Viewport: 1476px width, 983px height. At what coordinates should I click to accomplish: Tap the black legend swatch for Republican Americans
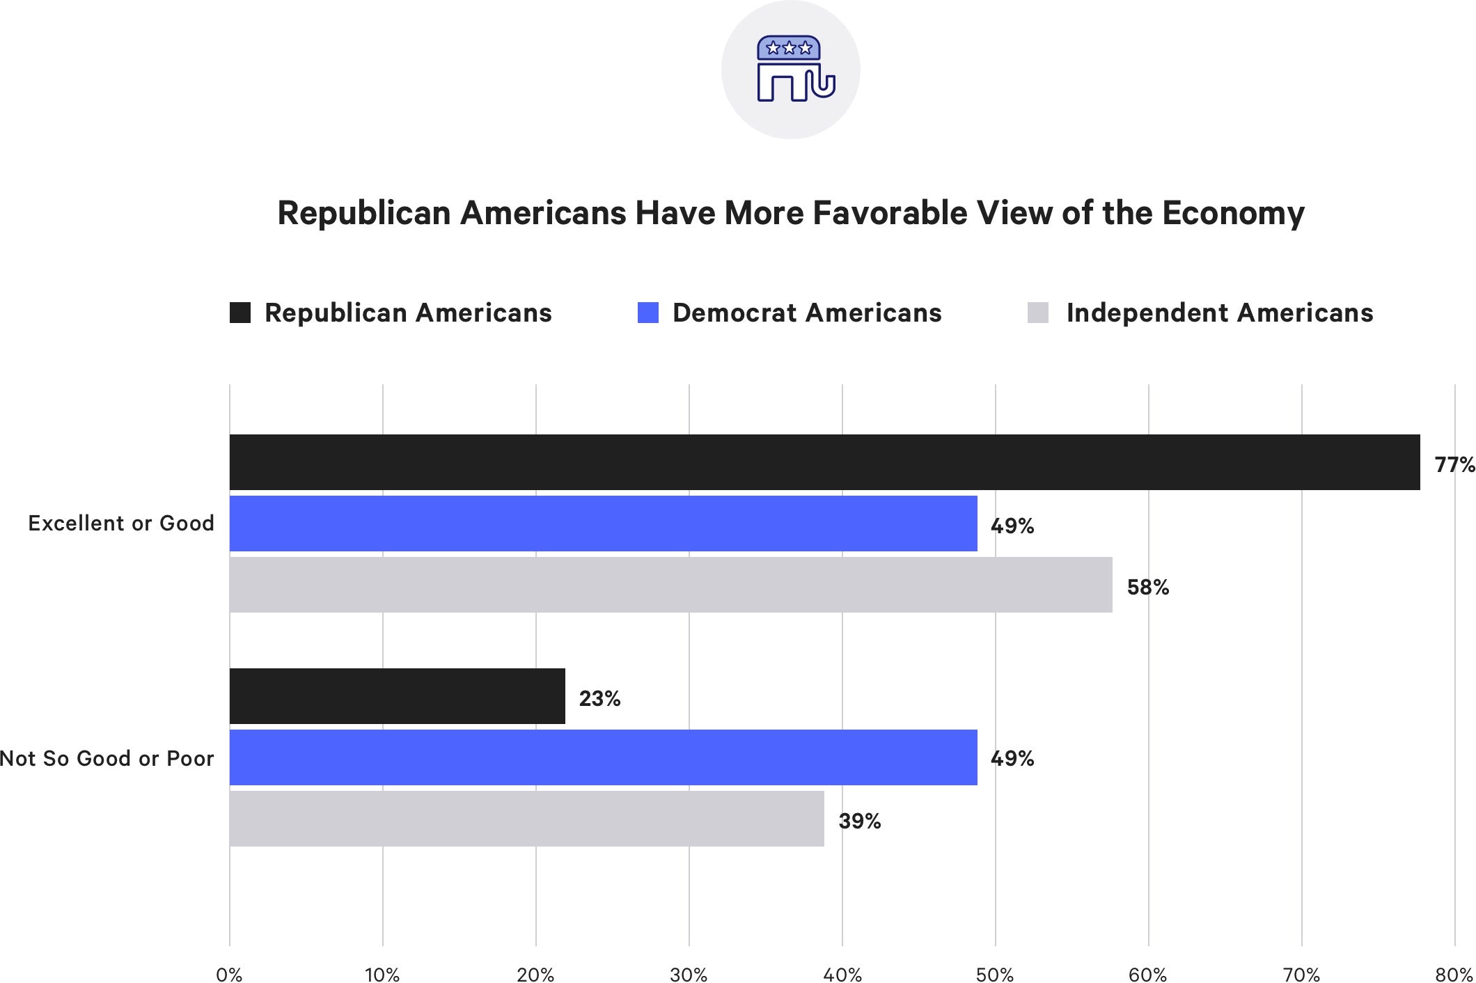pos(240,313)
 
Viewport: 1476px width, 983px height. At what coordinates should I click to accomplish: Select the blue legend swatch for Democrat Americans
pos(647,313)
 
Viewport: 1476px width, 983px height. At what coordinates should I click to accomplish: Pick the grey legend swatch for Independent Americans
pos(1037,313)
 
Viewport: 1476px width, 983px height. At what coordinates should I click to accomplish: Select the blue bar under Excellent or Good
pos(603,524)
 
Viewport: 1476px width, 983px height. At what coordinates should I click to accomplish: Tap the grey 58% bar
pos(670,585)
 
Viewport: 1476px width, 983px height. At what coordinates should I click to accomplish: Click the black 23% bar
pos(397,696)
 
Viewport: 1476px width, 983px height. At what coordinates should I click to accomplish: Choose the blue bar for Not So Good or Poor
pos(603,757)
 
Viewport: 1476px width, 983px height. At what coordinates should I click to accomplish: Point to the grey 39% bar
pos(526,819)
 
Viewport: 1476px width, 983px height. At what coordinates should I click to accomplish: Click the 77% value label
pos(1454,464)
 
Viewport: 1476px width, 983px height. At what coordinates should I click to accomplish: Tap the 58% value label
pos(1147,588)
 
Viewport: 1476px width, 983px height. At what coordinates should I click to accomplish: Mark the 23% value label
pos(599,698)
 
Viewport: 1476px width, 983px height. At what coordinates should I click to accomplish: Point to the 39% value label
pos(859,821)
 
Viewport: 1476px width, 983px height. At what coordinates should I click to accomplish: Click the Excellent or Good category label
pos(121,524)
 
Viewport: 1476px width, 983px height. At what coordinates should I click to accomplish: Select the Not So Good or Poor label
pos(107,758)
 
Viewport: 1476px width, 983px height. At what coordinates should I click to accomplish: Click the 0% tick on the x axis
pos(229,975)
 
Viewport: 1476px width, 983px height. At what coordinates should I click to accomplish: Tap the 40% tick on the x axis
pos(842,975)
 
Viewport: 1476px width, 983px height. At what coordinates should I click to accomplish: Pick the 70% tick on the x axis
pos(1301,975)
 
